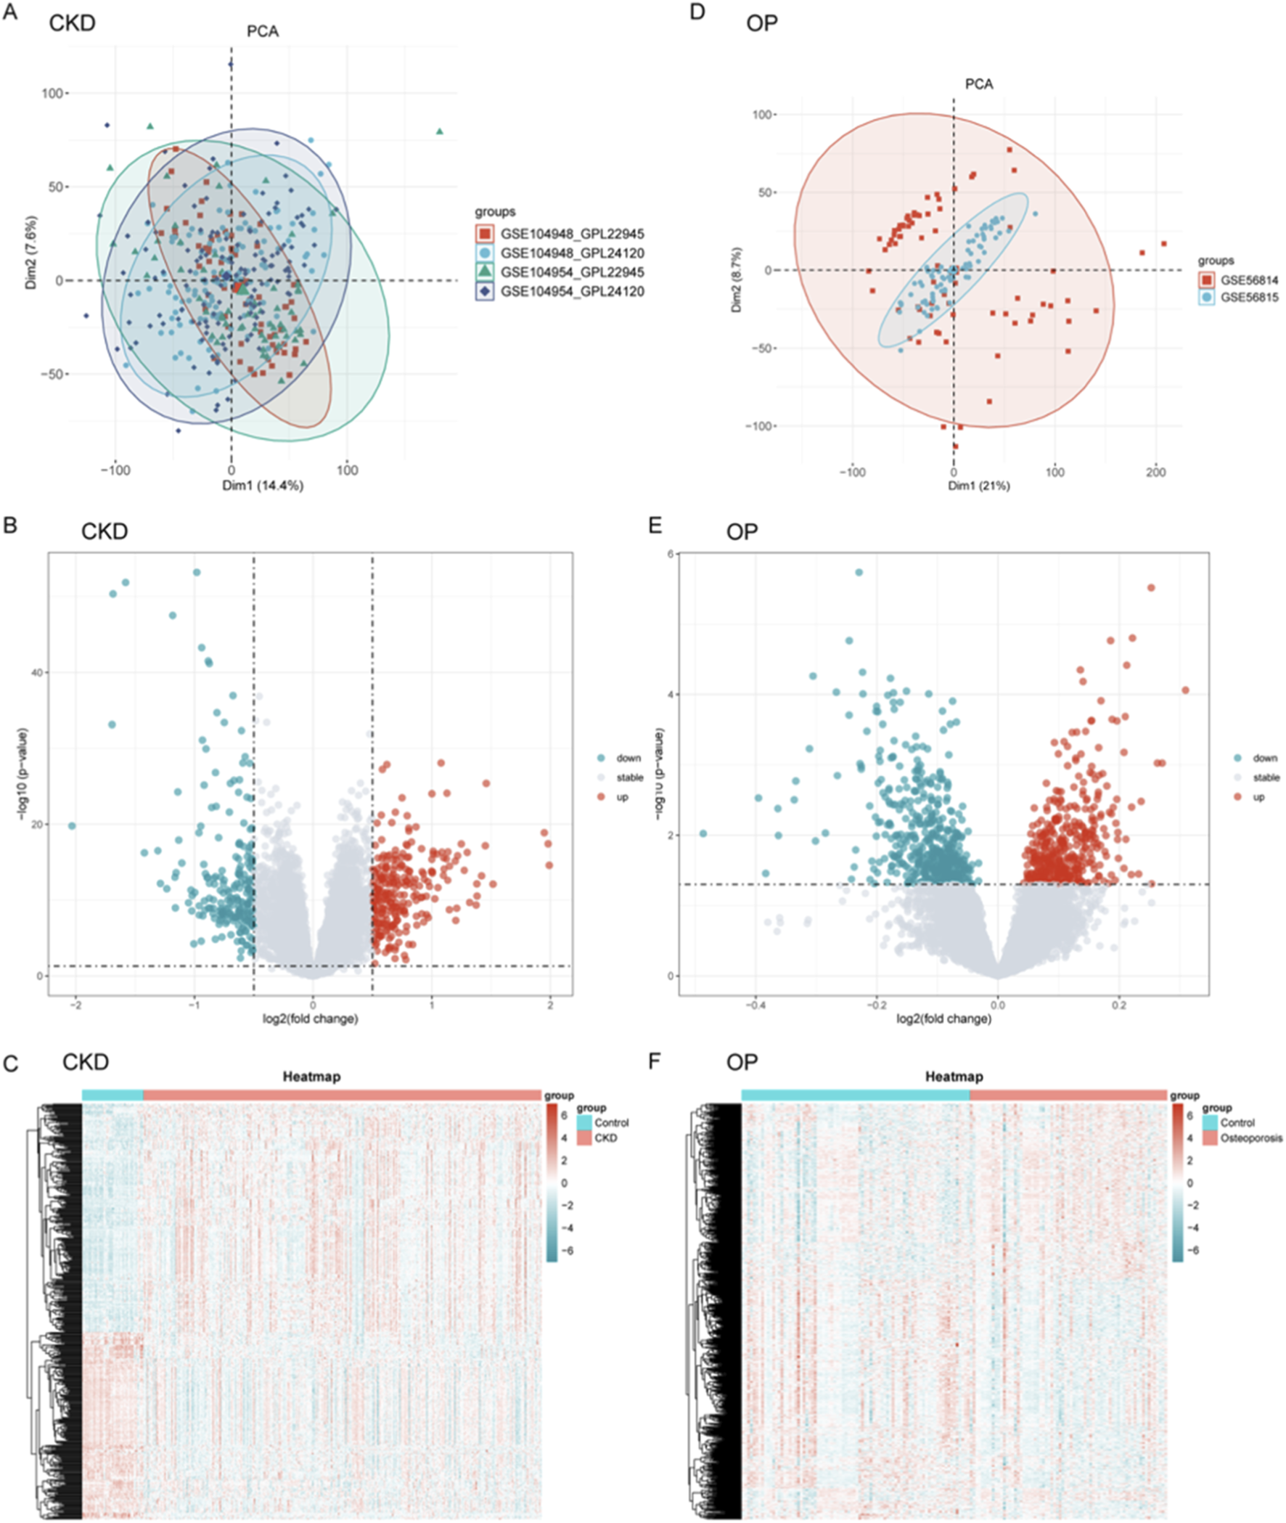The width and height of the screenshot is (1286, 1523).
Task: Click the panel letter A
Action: coord(10,12)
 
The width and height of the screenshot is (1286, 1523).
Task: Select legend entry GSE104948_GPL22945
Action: coord(572,234)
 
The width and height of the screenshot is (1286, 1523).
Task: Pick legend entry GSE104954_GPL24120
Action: coord(572,292)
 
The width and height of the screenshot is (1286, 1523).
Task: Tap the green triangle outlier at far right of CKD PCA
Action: coord(440,131)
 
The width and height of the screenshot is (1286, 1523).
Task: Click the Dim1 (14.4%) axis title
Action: coord(263,486)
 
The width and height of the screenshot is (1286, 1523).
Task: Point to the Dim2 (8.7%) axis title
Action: coord(737,281)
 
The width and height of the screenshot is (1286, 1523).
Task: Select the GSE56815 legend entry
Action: coord(1249,298)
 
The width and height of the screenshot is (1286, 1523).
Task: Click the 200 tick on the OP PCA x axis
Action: coord(1155,473)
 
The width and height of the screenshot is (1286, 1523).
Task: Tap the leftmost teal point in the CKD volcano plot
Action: coord(72,826)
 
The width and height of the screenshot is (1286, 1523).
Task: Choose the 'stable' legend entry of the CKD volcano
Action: coord(629,778)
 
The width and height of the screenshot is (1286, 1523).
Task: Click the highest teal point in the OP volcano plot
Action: coord(859,572)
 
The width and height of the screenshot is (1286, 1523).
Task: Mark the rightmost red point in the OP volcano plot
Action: coord(1185,690)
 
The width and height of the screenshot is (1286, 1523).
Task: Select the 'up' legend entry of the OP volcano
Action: coord(1259,797)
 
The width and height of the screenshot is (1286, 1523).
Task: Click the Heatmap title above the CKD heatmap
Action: coord(311,1077)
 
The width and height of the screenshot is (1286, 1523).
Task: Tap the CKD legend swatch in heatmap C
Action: coord(584,1138)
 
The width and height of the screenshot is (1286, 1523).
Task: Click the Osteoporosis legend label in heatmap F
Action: coord(1251,1138)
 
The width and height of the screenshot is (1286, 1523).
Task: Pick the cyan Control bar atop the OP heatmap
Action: coord(854,1095)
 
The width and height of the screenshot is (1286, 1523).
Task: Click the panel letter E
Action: coord(655,525)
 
